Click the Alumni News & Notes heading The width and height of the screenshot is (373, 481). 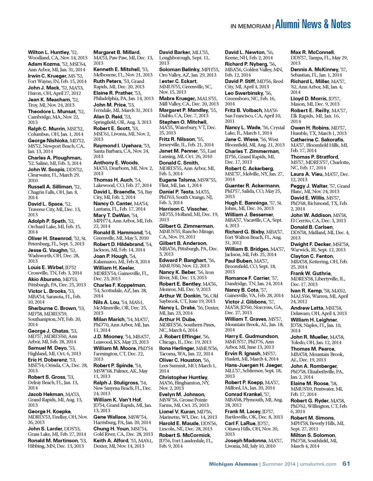[x=313, y=24]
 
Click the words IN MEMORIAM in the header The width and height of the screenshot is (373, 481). [x=250, y=26]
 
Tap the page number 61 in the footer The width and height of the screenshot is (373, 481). [x=346, y=464]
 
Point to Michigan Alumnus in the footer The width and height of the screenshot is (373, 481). [x=233, y=464]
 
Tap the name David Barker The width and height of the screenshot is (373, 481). [x=174, y=52]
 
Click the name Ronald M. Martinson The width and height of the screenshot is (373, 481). [x=52, y=441]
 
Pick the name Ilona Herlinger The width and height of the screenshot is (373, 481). [x=176, y=349]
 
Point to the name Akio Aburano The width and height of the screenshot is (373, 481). [x=44, y=279]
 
